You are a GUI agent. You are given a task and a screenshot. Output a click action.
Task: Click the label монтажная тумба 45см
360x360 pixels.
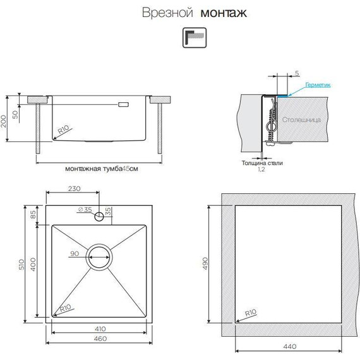[101, 169]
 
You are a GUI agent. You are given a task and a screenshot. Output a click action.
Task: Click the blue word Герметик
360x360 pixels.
[318, 84]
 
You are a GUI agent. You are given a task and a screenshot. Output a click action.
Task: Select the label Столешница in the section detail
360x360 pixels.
[301, 119]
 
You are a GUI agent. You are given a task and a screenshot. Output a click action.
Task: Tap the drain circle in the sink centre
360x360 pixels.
[100, 256]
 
